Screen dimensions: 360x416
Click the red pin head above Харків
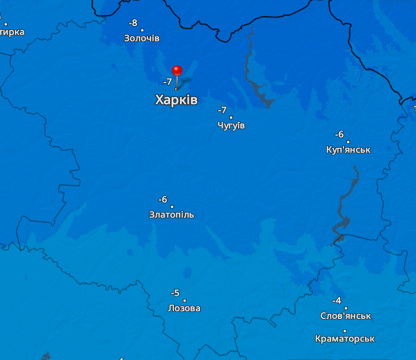[x=177, y=70]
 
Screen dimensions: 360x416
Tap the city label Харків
[x=176, y=100]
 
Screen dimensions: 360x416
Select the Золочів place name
[x=142, y=38]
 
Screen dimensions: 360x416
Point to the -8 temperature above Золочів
[x=133, y=23]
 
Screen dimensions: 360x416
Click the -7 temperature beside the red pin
[x=167, y=82]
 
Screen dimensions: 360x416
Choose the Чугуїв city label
[x=231, y=126]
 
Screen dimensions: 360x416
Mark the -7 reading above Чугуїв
[x=222, y=110]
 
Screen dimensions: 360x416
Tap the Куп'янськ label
[x=348, y=150]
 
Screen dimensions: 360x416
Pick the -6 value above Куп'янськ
[x=339, y=135]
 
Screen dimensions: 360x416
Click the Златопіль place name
[x=172, y=215]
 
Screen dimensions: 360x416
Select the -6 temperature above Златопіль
[x=162, y=199]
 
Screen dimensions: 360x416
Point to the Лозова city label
[x=184, y=308]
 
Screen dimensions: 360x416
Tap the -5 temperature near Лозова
[x=175, y=293]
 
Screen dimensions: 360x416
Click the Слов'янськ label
[x=346, y=316]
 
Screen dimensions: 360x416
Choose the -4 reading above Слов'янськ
[x=336, y=301]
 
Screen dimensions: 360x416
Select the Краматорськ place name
[x=345, y=338]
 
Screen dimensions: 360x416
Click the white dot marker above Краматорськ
[x=345, y=331]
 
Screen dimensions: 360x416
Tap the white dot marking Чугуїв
[x=231, y=117]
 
